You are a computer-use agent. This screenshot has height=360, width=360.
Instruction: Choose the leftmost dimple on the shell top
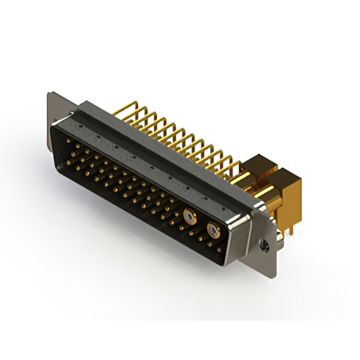[97, 136]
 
